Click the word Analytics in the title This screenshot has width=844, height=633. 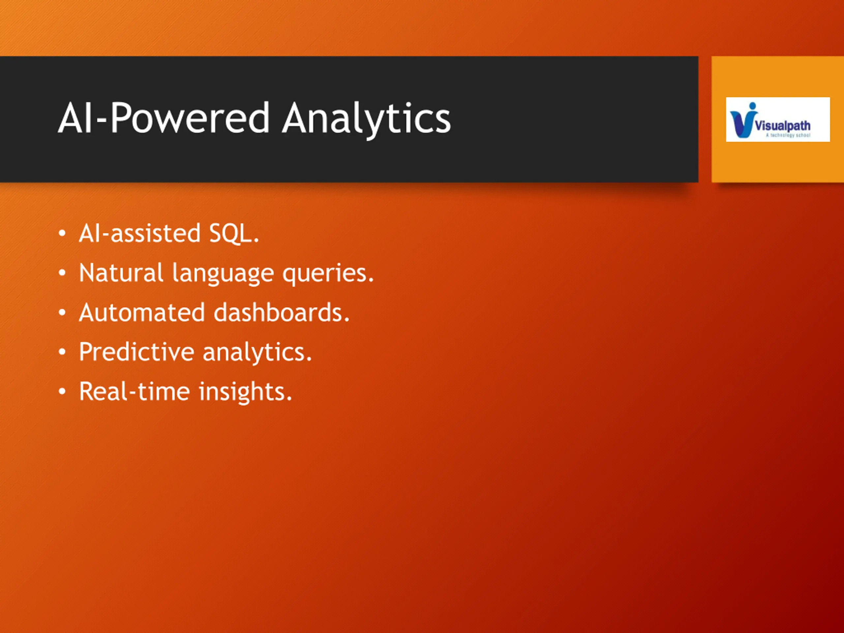pyautogui.click(x=366, y=119)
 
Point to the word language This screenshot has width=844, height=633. pyautogui.click(x=223, y=274)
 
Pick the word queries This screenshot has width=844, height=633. pyautogui.click(x=328, y=274)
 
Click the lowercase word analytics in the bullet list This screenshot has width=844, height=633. pyautogui.click(x=257, y=352)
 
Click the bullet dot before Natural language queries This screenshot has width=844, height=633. pyautogui.click(x=62, y=273)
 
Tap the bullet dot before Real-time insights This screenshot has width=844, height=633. pyautogui.click(x=62, y=392)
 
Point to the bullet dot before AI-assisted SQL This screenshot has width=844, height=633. pyautogui.click(x=62, y=233)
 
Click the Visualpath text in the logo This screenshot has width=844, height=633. pyautogui.click(x=783, y=126)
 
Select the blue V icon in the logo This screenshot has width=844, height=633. pyautogui.click(x=742, y=120)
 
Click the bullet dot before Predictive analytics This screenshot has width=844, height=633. pyautogui.click(x=62, y=352)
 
